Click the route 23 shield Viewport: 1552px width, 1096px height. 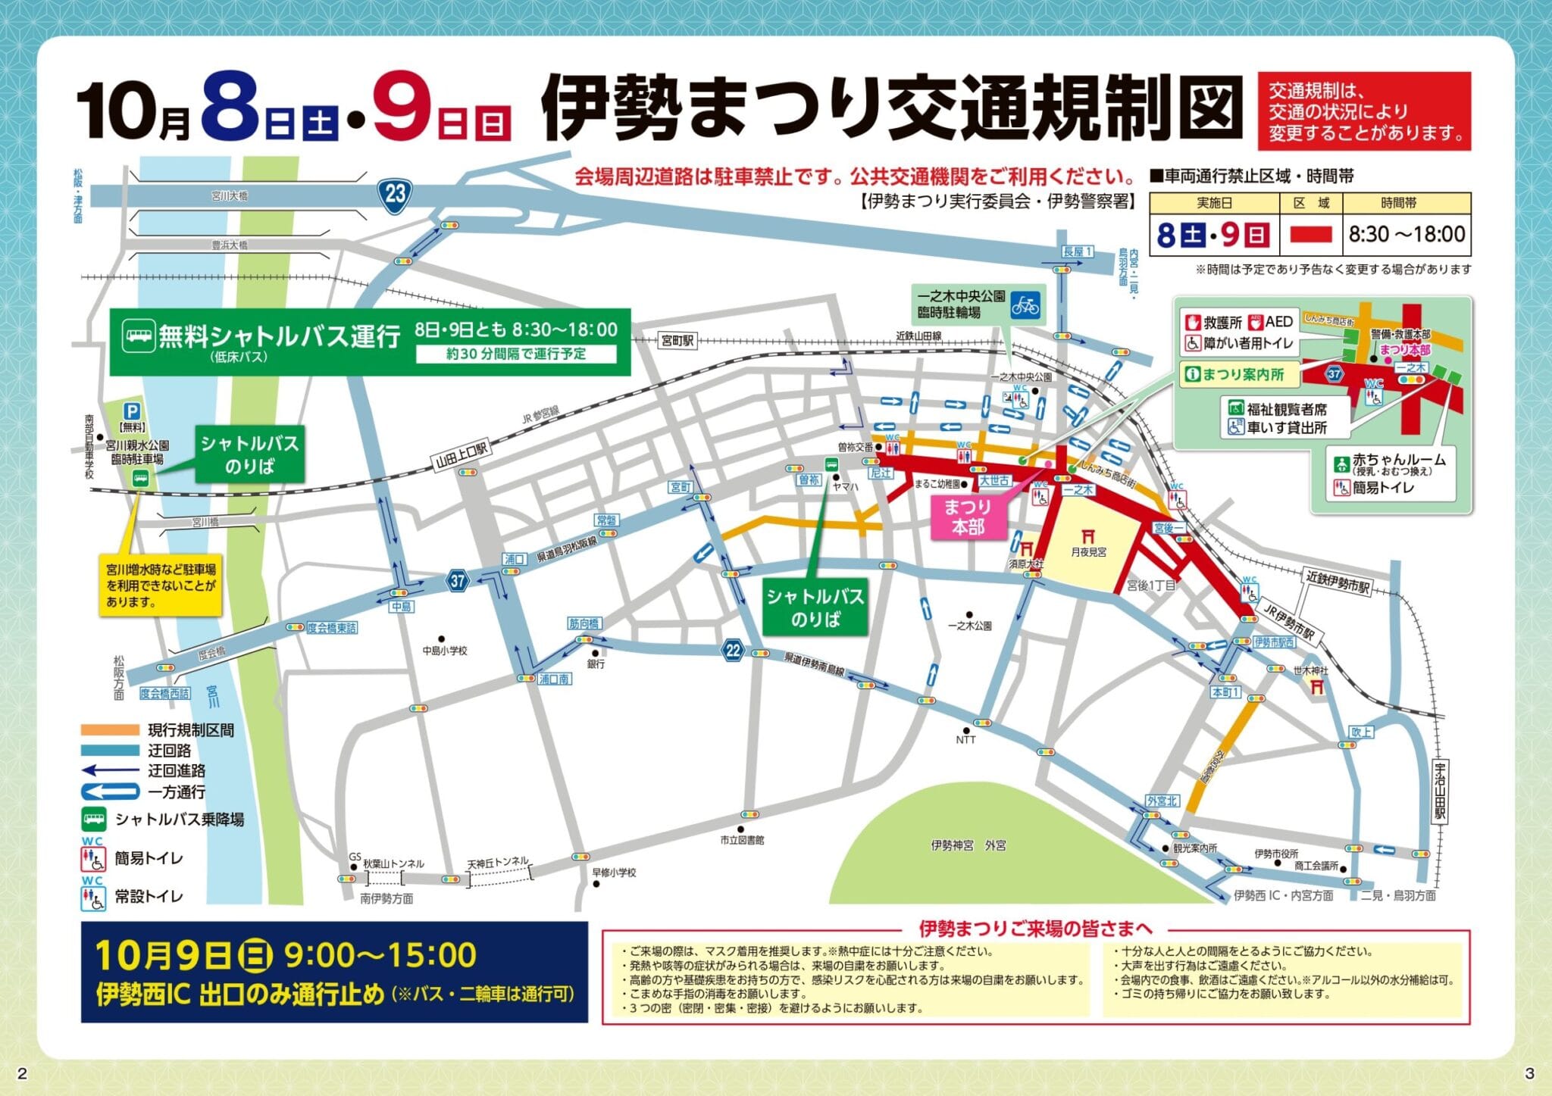pos(395,195)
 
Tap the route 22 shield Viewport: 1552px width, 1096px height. pos(732,651)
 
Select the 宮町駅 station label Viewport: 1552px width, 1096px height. pos(677,341)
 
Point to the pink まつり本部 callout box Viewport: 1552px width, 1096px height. pos(968,517)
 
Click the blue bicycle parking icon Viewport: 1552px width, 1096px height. pos(1025,305)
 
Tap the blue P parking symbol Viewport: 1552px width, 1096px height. pos(133,411)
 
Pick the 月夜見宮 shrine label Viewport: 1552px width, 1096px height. pos(1088,552)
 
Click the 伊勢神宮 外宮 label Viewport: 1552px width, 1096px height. pos(968,845)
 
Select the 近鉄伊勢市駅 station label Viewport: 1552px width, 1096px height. pos(1338,582)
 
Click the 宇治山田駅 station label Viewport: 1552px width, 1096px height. pos(1440,792)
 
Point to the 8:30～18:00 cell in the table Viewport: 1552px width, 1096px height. pos(1406,235)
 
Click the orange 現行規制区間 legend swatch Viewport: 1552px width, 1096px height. pos(110,730)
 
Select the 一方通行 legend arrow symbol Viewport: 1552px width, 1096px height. pos(110,792)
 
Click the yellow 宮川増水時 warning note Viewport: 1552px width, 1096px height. pos(161,585)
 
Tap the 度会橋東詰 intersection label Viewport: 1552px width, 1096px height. pos(331,628)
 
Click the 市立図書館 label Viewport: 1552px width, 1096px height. pos(743,840)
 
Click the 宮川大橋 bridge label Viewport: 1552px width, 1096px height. pos(229,195)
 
